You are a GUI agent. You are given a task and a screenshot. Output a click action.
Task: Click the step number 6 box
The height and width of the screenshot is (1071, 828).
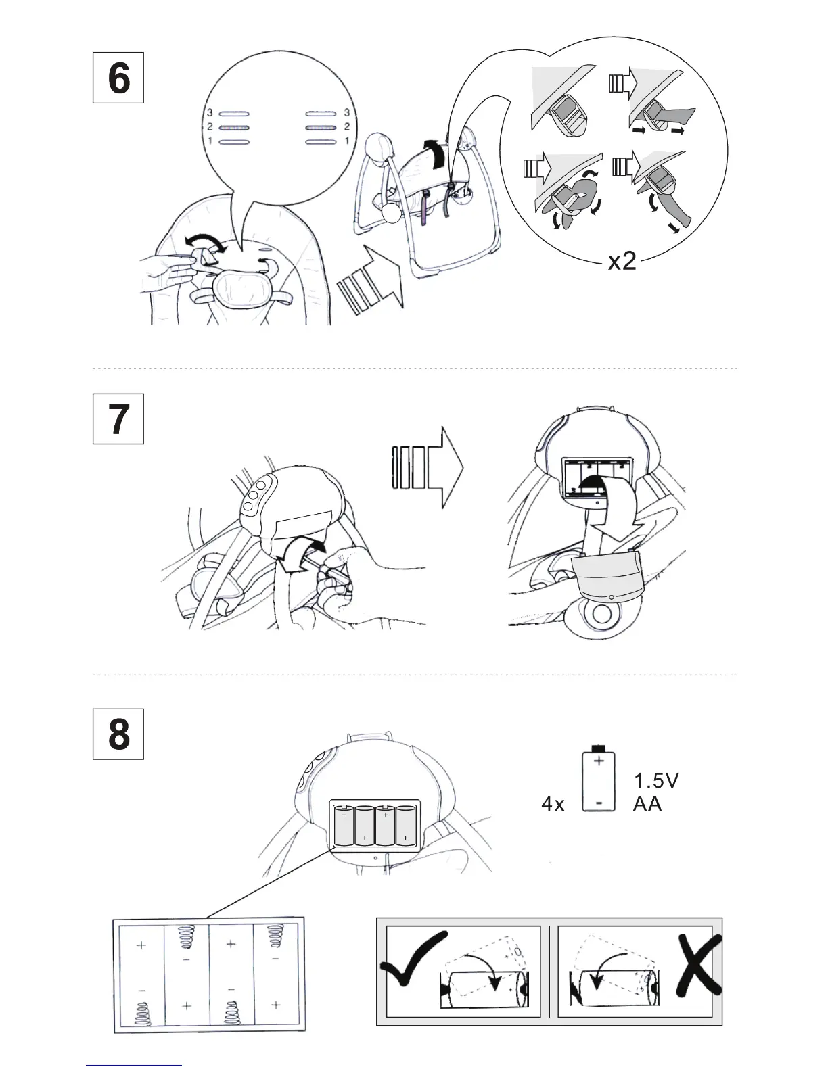pyautogui.click(x=118, y=78)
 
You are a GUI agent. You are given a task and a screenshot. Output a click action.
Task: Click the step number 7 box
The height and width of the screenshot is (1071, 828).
pyautogui.click(x=118, y=419)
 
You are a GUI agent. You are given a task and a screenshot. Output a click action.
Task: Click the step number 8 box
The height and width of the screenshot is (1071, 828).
pyautogui.click(x=118, y=734)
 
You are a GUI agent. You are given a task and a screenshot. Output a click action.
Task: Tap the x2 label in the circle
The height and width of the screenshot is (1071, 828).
pyautogui.click(x=622, y=262)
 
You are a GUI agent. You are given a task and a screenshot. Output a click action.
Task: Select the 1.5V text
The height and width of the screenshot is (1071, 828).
pyautogui.click(x=656, y=781)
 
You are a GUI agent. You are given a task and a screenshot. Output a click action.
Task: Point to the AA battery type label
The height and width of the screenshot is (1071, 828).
pyautogui.click(x=647, y=805)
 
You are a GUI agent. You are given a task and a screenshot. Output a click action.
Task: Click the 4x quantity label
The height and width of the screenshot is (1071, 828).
pyautogui.click(x=553, y=805)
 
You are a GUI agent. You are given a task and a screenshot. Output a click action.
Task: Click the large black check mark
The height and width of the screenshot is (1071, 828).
pyautogui.click(x=413, y=957)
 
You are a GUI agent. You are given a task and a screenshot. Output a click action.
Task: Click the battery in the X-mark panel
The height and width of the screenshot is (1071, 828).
pyautogui.click(x=612, y=989)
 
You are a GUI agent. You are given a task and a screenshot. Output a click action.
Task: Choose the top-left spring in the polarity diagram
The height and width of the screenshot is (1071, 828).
pyautogui.click(x=185, y=938)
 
